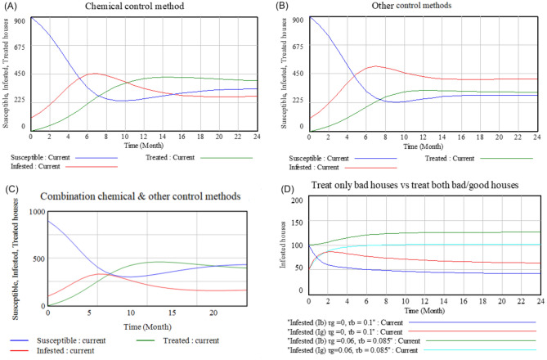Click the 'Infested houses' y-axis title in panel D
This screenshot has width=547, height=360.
tap(284, 245)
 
